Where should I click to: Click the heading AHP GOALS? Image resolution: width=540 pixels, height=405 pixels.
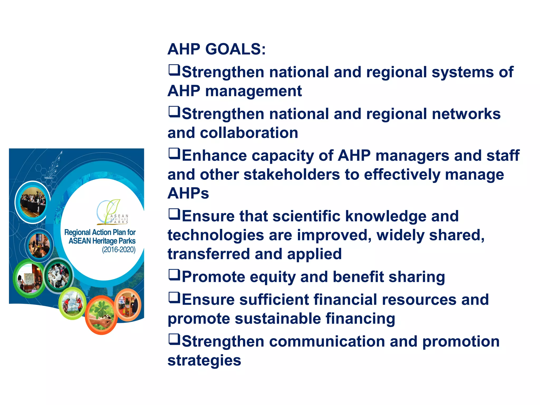click(216, 49)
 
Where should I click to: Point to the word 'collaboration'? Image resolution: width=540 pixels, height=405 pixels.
click(249, 133)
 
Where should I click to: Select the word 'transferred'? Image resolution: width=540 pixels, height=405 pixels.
click(209, 254)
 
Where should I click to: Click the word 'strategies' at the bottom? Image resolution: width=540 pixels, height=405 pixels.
click(204, 360)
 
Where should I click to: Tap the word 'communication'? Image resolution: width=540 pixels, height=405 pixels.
click(327, 341)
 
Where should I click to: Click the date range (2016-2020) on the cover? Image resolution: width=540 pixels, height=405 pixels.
click(119, 250)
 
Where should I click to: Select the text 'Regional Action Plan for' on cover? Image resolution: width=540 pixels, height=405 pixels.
click(100, 232)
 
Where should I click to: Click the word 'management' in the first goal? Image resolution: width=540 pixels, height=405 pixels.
click(253, 91)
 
